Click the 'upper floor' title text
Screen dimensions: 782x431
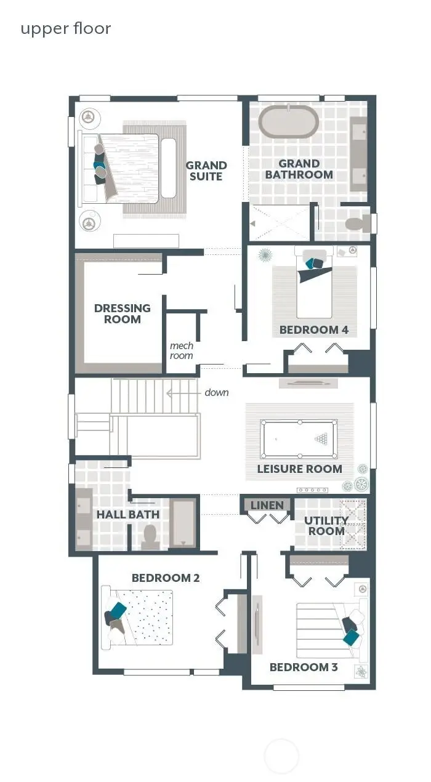click(x=66, y=28)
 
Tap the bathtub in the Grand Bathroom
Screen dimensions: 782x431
click(x=288, y=123)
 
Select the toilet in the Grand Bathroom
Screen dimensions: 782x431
click(x=355, y=224)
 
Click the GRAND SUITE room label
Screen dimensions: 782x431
click(x=206, y=171)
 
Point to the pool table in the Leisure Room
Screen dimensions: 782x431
click(x=299, y=439)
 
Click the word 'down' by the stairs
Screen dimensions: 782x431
click(x=217, y=392)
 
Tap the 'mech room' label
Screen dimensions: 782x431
click(x=181, y=350)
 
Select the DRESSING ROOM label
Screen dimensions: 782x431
click(x=122, y=313)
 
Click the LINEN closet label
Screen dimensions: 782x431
click(x=267, y=506)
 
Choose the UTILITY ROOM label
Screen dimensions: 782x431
click(x=326, y=525)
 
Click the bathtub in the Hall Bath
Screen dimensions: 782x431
click(x=183, y=523)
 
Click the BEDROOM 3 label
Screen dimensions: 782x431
click(x=304, y=667)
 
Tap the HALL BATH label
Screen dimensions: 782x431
click(x=128, y=514)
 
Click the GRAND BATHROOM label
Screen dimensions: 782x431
click(x=299, y=169)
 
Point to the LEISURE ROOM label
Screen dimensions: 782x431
click(x=299, y=469)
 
